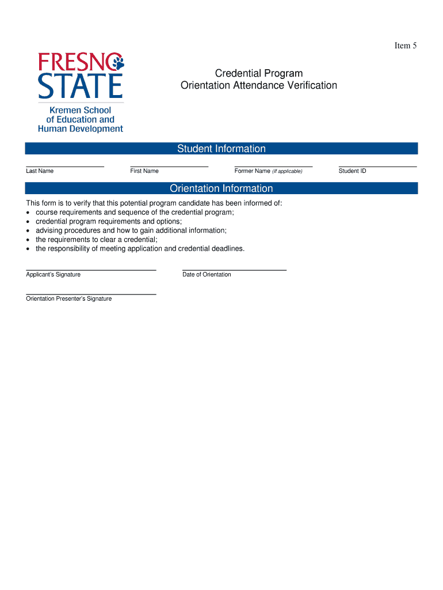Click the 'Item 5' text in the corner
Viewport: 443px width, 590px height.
coord(405,46)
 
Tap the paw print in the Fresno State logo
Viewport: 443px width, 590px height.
coord(119,62)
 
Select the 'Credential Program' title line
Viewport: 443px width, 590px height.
coord(259,73)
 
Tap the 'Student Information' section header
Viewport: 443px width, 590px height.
coord(221,149)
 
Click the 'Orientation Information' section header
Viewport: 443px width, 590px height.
coord(221,188)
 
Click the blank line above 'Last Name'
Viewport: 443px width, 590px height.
coord(65,167)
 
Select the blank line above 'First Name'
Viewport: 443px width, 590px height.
coord(169,167)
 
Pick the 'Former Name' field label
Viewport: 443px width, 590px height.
coord(252,171)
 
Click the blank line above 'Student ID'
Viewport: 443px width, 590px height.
coord(377,167)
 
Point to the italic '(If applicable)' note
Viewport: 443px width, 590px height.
coord(287,171)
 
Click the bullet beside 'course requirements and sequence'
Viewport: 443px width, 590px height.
coord(28,213)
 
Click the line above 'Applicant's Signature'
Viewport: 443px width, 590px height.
coord(91,270)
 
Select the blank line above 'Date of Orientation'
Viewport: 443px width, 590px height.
coord(234,270)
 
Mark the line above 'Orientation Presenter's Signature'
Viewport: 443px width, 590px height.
coord(91,294)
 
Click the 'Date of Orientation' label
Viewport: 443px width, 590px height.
coord(207,275)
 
